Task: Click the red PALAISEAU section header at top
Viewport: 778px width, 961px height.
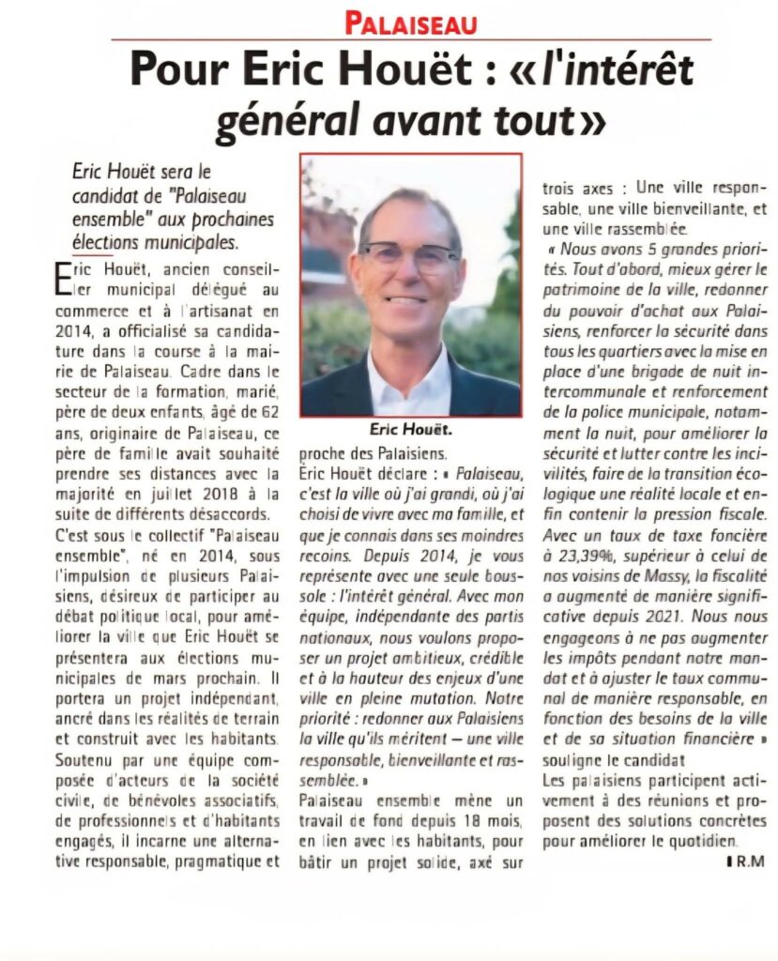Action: pyautogui.click(x=410, y=22)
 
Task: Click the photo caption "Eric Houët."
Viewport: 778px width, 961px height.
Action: pyautogui.click(x=410, y=431)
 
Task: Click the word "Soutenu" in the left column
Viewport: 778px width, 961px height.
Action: pyautogui.click(x=86, y=757)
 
